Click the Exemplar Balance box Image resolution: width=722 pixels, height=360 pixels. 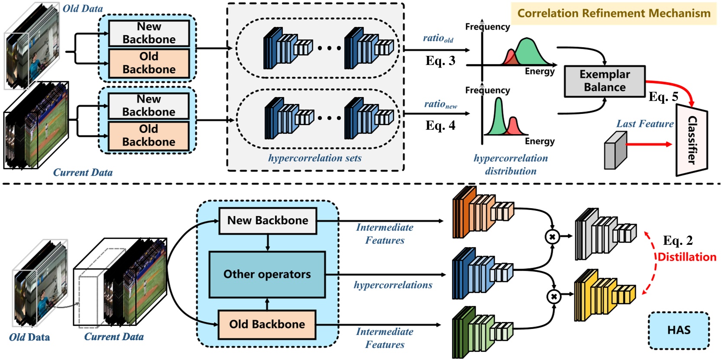pyautogui.click(x=604, y=81)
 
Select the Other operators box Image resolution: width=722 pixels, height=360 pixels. pyautogui.click(x=267, y=274)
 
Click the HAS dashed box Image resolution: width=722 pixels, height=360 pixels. pyautogui.click(x=678, y=331)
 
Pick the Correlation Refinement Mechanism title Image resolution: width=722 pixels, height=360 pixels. pyautogui.click(x=613, y=13)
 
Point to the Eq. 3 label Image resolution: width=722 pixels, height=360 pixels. pyautogui.click(x=440, y=61)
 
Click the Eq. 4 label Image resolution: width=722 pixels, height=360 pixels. pyautogui.click(x=440, y=125)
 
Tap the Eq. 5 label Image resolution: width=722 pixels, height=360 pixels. pyautogui.click(x=663, y=96)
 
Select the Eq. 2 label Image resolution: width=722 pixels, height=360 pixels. pyautogui.click(x=677, y=240)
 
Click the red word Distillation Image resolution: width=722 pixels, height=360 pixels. pyautogui.click(x=687, y=257)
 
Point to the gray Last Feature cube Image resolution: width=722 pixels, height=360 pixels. pyautogui.click(x=615, y=150)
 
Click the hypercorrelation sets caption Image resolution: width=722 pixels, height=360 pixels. pyautogui.click(x=315, y=158)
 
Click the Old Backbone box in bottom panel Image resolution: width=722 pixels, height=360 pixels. pyautogui.click(x=267, y=325)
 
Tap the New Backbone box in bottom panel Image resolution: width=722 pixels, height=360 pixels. pyautogui.click(x=268, y=221)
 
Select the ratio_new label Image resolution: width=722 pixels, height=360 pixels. pyautogui.click(x=440, y=104)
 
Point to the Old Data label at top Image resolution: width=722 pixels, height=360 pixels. pyautogui.click(x=83, y=8)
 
